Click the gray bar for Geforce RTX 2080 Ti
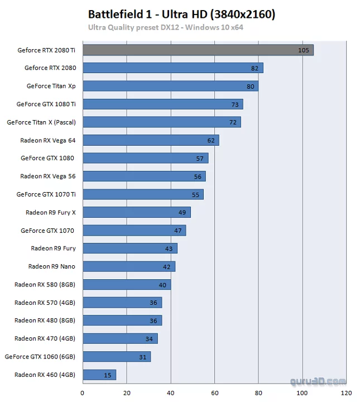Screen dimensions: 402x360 [x=198, y=50]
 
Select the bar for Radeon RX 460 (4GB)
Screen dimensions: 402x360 [x=99, y=375]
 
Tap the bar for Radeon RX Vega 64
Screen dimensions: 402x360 [x=151, y=140]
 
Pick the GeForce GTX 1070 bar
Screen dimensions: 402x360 [x=134, y=231]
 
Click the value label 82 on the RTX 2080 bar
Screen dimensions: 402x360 [x=255, y=68]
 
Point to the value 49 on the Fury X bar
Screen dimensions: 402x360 [x=183, y=213]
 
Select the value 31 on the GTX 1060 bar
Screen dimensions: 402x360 [x=143, y=357]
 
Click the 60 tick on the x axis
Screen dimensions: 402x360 [x=215, y=393]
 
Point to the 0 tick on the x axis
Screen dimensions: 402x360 [x=83, y=393]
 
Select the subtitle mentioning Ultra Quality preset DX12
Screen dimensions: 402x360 [x=166, y=27]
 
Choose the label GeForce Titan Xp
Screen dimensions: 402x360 [x=51, y=86]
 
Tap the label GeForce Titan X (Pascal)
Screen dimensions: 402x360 [x=41, y=122]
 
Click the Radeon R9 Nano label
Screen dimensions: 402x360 [x=52, y=266]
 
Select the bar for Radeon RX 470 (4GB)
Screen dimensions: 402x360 [x=120, y=338]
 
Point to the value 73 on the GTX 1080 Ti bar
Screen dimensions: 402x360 [x=235, y=104]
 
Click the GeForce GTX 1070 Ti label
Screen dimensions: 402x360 [x=46, y=194]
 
